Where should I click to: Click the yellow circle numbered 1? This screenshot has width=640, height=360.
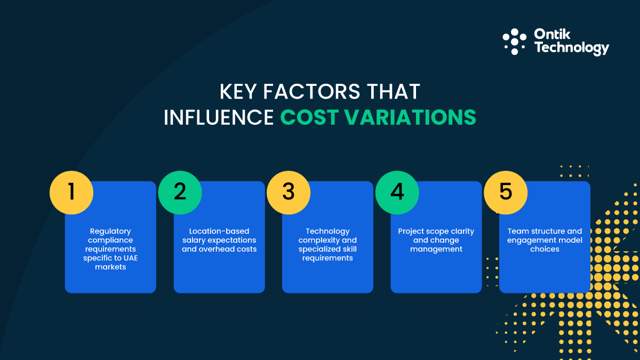pos(71,192)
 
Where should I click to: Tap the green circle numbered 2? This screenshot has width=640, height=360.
pos(180,192)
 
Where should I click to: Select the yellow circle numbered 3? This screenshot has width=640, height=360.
pos(289,192)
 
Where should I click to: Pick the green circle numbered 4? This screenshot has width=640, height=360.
pos(397,192)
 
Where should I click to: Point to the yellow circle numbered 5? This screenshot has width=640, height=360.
pos(506,192)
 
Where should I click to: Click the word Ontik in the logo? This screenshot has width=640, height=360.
pos(553,35)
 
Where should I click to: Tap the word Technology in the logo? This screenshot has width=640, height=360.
pos(571,48)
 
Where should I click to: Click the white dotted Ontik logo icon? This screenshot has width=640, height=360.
pos(515,42)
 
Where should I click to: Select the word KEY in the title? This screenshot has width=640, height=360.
pos(239,92)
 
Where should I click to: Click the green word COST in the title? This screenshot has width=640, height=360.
pos(309,117)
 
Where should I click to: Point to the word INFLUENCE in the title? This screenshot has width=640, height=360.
pos(219,117)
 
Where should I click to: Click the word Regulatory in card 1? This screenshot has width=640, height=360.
pos(110,231)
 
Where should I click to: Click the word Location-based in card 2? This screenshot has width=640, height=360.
pos(219,231)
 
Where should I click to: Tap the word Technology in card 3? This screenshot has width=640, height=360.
pos(327,231)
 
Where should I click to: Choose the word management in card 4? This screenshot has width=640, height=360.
pos(436,249)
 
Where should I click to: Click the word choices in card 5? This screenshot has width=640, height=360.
pos(545,249)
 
